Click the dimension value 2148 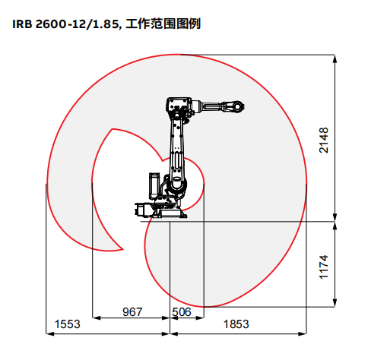[x=324, y=141]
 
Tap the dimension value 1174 [x=324, y=267]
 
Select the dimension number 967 [x=132, y=312]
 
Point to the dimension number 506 [x=182, y=312]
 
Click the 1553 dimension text [x=68, y=324]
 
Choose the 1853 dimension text [x=236, y=324]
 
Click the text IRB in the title [x=22, y=24]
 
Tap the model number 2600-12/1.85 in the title [x=78, y=24]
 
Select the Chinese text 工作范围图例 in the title [x=163, y=24]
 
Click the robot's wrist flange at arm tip [x=238, y=106]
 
